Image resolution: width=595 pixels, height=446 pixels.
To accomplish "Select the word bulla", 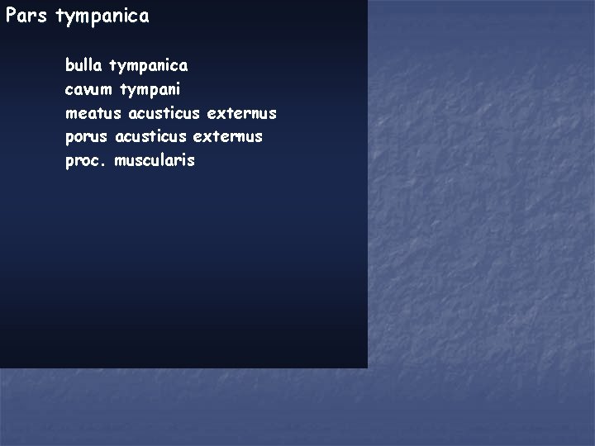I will point(84,64).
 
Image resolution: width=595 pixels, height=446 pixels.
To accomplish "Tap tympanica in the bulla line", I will point(149,65).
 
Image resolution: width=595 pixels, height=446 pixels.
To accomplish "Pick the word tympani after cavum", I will point(150,89).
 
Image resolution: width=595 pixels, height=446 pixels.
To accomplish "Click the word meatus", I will point(93,112).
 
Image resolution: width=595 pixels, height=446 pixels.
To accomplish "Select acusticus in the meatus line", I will point(164,112).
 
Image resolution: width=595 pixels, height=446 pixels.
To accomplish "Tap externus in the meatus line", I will point(242,112).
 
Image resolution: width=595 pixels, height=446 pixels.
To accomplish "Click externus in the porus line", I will point(227,136).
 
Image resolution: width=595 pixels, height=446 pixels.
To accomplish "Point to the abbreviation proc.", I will point(86,161).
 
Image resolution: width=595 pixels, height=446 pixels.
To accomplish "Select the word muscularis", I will point(155,160).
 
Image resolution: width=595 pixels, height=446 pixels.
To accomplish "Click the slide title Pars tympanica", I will point(77,17).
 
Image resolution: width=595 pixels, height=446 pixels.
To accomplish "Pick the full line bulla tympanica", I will point(126,64).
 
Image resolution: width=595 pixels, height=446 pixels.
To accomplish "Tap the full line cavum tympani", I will point(123,88).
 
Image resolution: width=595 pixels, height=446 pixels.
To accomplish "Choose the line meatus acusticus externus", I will point(171,112).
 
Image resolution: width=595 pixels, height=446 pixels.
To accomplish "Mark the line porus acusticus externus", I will point(164,136).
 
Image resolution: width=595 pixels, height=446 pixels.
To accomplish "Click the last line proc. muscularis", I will point(131,160).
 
